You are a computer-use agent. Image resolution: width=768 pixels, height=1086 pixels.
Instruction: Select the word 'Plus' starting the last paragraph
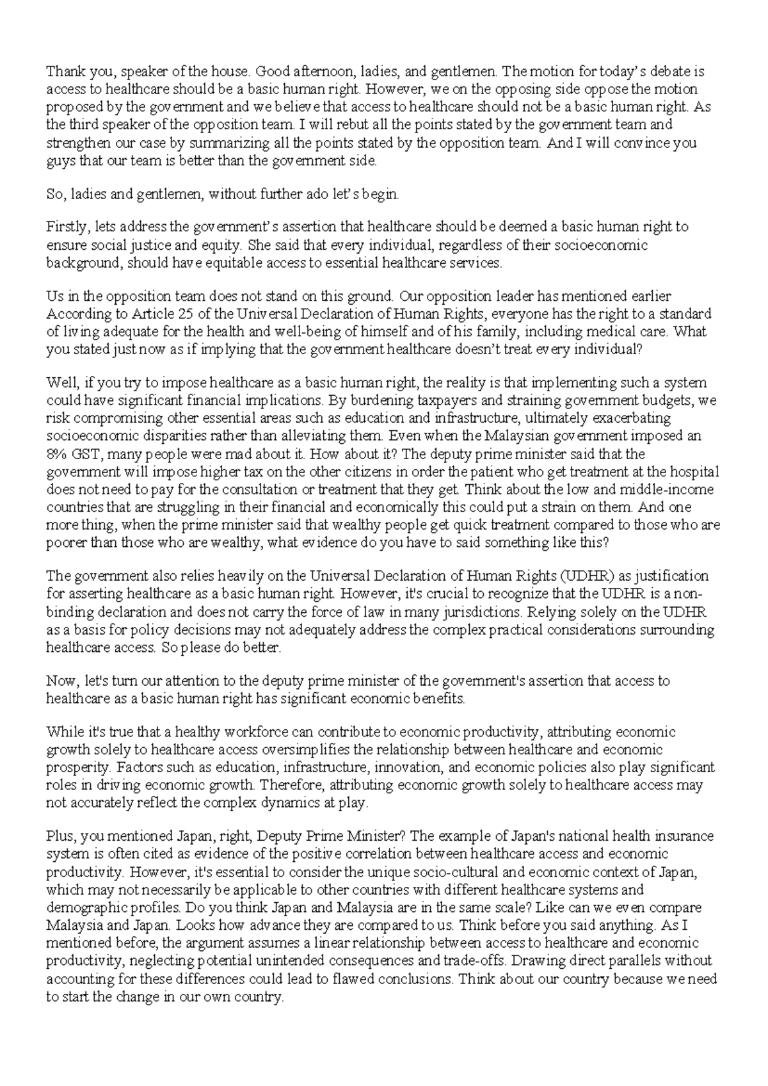tap(60, 836)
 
